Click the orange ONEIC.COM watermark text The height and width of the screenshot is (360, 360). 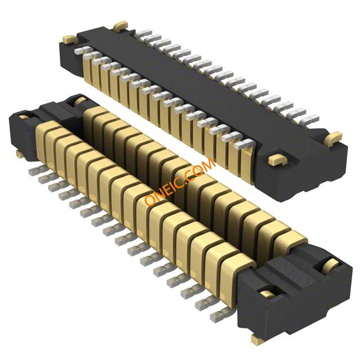180,181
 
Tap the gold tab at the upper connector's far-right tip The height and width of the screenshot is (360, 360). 334,138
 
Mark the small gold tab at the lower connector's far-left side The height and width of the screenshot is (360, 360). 20,154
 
